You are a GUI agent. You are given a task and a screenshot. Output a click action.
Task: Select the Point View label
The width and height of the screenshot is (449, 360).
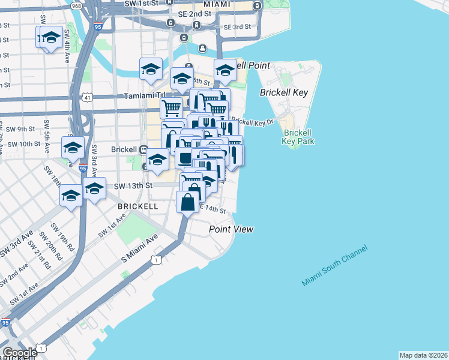231,229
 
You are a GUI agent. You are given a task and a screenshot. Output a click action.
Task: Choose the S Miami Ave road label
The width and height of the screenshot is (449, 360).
139,248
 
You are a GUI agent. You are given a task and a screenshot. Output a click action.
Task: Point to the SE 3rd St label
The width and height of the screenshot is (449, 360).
237,27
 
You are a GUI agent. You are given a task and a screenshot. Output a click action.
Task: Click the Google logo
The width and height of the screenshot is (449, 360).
19,353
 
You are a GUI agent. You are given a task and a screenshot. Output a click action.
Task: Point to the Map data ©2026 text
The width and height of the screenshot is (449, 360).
423,355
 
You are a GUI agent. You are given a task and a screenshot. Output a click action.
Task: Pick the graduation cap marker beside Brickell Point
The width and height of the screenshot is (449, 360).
225,70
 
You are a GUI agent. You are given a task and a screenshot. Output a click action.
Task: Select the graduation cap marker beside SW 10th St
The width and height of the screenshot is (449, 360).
73,148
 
